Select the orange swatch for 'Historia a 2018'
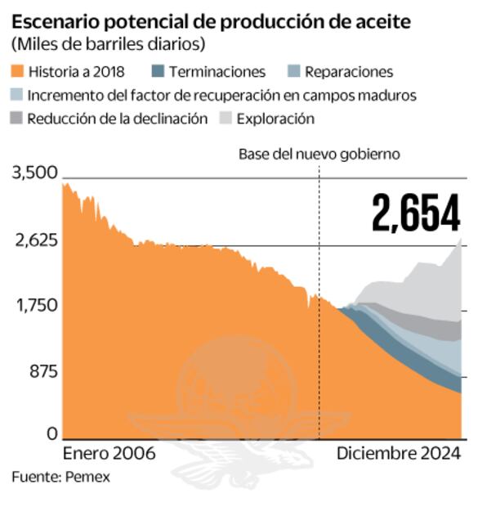point(18,73)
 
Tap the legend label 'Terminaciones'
point(217,73)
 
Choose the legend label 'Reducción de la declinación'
point(118,119)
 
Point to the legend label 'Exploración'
point(275,119)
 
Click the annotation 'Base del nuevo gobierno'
point(319,154)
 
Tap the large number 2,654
point(415,213)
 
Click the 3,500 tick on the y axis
point(34,173)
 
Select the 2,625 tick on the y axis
point(34,240)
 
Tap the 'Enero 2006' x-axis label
point(109,452)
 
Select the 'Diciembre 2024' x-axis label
point(400,452)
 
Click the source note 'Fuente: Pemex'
point(60,477)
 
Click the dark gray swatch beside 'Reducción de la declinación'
point(18,119)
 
